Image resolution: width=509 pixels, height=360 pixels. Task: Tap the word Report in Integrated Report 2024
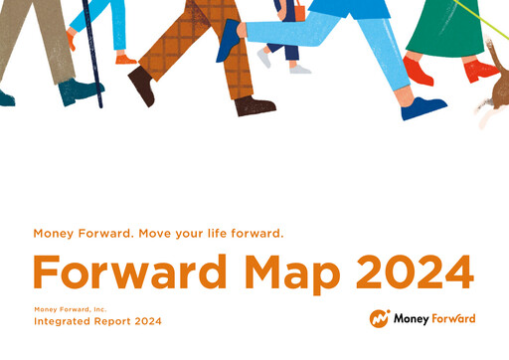tap(116, 322)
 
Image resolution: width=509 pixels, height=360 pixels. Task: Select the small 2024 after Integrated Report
tap(148, 322)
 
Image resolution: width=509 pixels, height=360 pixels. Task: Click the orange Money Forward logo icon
tap(379, 318)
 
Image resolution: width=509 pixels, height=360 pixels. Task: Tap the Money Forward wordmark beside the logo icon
tap(433, 318)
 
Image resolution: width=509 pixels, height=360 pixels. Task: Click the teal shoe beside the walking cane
tap(80, 92)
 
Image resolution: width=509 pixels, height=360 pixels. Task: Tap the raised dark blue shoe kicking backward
tap(229, 40)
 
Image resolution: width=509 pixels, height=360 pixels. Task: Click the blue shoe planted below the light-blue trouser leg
tap(423, 107)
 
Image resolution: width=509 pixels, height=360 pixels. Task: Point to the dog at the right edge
tap(493, 90)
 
